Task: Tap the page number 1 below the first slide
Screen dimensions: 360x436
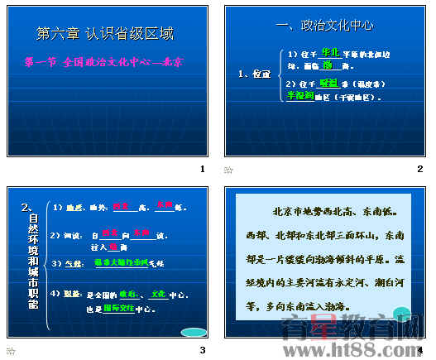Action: (201, 169)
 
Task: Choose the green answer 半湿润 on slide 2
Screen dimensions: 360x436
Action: (299, 96)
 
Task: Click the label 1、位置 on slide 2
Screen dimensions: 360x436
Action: (254, 74)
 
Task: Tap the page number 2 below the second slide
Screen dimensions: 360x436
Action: (420, 169)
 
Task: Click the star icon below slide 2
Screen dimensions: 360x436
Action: (229, 170)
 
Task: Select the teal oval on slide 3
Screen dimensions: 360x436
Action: (193, 333)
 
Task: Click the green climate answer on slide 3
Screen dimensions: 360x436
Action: (121, 262)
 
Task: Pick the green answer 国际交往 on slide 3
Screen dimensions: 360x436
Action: (118, 309)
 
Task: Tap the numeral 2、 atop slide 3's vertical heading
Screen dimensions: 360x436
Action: (27, 206)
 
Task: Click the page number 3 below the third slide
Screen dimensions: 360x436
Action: (201, 350)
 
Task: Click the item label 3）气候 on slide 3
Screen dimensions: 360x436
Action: (73, 263)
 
